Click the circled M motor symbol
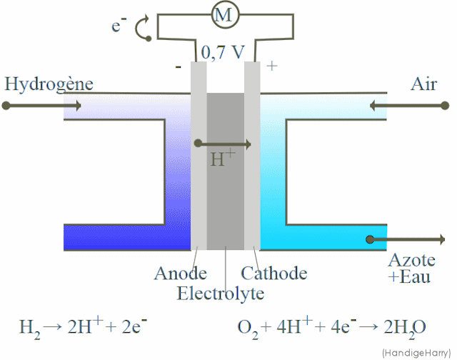224,16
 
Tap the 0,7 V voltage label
223,52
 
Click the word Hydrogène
49,84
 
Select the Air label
423,84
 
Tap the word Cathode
274,273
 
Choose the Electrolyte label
221,293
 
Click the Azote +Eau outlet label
410,268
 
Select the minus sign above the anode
178,67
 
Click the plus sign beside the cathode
271,66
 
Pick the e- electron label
119,26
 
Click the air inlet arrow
407,106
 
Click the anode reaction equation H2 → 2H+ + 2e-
83,327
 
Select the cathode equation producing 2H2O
331,327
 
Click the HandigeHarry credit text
416,352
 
